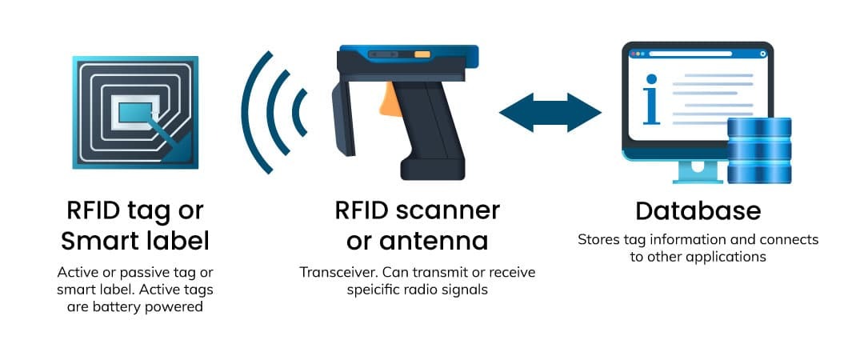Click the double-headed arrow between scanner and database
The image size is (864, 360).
[550, 112]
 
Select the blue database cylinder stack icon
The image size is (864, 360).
[759, 150]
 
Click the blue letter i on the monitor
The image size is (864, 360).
[651, 100]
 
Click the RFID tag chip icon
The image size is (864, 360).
[134, 112]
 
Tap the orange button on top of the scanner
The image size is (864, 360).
[422, 55]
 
